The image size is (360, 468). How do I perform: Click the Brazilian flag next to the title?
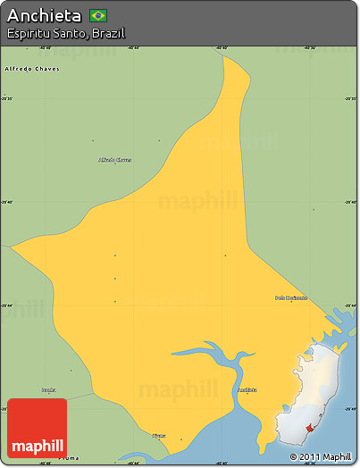[x=98, y=15]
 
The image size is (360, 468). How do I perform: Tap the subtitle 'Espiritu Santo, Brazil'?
[x=64, y=33]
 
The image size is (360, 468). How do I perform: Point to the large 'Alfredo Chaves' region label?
[x=31, y=68]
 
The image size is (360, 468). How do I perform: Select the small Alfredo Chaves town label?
[x=114, y=160]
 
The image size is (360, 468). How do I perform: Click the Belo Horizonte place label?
[x=290, y=297]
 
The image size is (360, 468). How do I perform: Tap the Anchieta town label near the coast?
[x=247, y=389]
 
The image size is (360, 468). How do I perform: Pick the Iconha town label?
[x=48, y=390]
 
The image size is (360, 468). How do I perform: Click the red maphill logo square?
[x=37, y=428]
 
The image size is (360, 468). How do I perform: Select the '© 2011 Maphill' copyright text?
[x=320, y=456]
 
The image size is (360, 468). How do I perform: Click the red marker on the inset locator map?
[x=311, y=429]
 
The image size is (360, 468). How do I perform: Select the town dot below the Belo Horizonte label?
[x=290, y=304]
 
